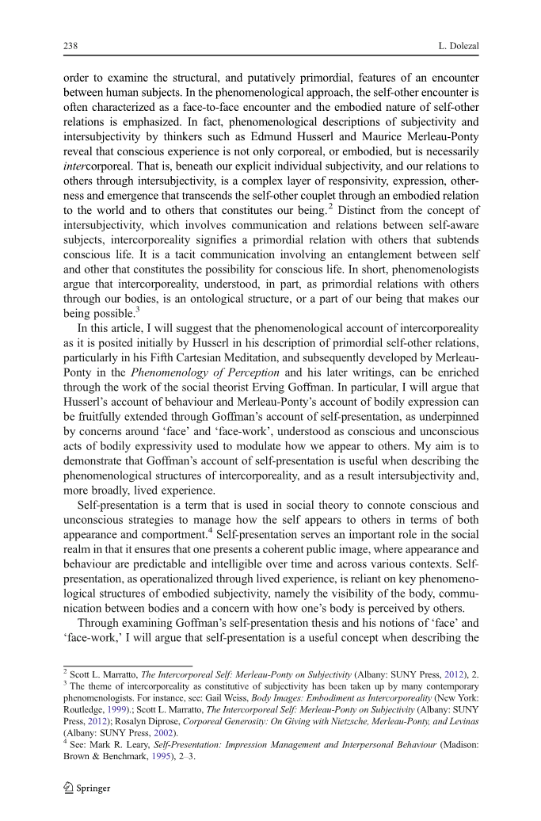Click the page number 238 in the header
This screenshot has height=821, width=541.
coord(70,46)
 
